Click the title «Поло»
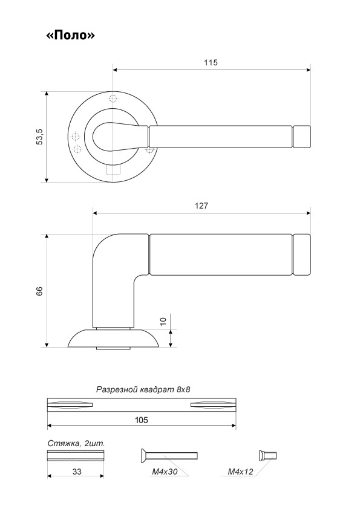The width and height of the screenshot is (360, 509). click(x=71, y=35)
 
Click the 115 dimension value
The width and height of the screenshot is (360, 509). click(x=211, y=62)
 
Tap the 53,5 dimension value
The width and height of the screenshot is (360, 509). click(x=39, y=137)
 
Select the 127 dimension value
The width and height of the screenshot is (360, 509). click(x=201, y=206)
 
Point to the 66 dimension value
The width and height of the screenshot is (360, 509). click(x=39, y=291)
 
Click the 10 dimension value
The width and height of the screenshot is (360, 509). click(x=163, y=321)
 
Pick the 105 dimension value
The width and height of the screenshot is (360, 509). click(x=142, y=420)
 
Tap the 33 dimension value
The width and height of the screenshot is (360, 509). click(x=77, y=472)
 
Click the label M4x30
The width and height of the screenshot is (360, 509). click(x=165, y=472)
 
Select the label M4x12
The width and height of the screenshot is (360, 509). click(x=240, y=472)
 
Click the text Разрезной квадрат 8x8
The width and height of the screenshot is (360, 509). click(x=143, y=389)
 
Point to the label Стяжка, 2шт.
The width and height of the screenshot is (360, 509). click(x=76, y=444)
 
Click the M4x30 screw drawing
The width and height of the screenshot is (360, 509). click(x=169, y=455)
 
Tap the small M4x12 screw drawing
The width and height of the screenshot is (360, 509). click(x=267, y=455)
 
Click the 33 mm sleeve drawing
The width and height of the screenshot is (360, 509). click(x=76, y=456)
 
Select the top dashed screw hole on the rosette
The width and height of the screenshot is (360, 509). click(x=113, y=99)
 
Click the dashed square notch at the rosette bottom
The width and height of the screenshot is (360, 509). click(x=113, y=170)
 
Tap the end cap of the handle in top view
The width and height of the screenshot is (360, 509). click(x=302, y=137)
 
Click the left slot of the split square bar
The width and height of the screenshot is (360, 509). click(x=70, y=404)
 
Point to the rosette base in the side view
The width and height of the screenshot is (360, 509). click(x=113, y=339)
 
